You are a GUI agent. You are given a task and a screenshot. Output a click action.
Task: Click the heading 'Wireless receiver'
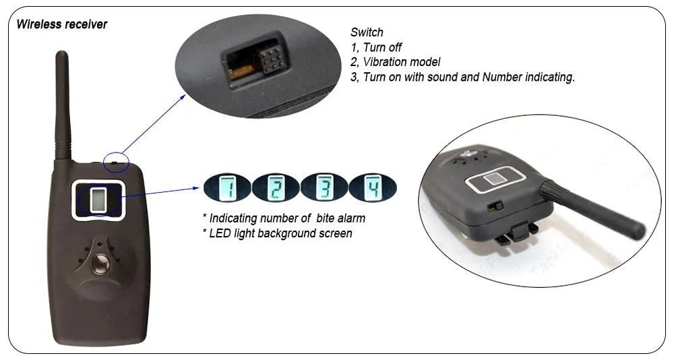tap(62, 25)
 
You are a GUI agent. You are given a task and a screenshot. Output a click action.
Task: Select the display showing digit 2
tap(276, 187)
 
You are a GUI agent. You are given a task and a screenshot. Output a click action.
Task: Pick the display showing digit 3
tap(324, 187)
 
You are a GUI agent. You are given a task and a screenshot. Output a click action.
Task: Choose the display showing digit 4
tap(373, 187)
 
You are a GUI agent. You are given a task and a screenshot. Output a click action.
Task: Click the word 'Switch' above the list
tap(367, 32)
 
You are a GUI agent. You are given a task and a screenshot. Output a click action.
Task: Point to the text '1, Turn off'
tap(376, 47)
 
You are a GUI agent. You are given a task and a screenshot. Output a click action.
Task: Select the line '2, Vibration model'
tap(396, 62)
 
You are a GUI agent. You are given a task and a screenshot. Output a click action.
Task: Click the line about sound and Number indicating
tap(462, 77)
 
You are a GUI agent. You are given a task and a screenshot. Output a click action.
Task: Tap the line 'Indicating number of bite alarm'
tap(284, 218)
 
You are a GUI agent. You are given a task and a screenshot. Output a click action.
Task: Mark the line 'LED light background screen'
tap(277, 233)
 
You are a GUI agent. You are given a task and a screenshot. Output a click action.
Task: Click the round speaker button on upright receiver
tap(100, 264)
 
